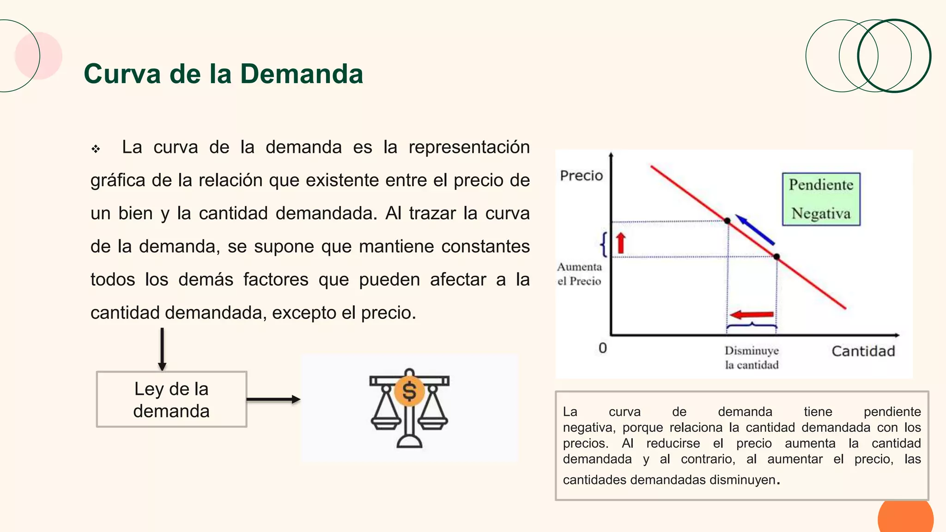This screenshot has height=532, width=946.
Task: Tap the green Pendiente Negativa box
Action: point(821,199)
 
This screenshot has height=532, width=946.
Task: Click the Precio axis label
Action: point(581,175)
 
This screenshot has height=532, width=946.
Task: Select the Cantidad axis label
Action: point(863,351)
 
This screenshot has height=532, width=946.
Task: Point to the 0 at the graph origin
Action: point(602,348)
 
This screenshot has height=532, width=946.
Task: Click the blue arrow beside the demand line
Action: point(755,230)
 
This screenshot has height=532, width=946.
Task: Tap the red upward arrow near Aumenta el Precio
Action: point(621,243)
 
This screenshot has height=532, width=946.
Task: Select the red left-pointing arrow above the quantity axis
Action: point(752,315)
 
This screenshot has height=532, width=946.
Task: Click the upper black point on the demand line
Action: point(728,221)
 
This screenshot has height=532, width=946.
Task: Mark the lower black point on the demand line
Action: point(776,257)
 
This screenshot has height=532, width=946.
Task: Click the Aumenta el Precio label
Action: point(579,274)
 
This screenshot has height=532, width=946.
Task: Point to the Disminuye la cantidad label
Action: point(752,357)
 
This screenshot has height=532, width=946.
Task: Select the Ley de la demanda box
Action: point(171,399)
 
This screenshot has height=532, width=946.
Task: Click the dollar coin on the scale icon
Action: point(409,391)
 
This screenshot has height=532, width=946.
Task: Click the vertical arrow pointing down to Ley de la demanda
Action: point(162,349)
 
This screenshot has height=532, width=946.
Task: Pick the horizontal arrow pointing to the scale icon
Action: point(273,399)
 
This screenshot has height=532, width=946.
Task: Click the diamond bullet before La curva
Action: point(96,149)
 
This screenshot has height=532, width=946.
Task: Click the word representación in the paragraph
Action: point(469,147)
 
